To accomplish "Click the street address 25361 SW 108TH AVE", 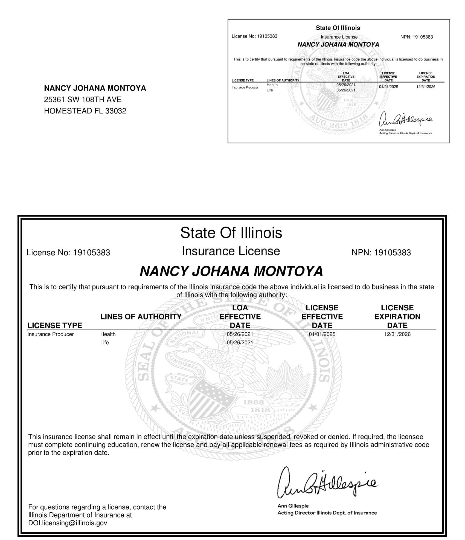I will [83, 100].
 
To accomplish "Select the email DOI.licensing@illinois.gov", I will [68, 523].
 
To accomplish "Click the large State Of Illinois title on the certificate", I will [231, 233].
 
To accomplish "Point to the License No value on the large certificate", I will [91, 252].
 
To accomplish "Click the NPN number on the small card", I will [423, 37].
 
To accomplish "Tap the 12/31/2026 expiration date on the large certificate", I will [397, 334].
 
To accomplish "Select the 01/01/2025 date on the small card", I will [388, 87].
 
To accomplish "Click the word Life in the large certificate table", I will [104, 343].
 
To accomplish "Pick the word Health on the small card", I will [272, 85].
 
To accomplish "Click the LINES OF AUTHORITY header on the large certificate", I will [141, 317].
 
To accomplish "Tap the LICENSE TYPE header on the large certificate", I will [55, 325].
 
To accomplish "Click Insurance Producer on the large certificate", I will [51, 334].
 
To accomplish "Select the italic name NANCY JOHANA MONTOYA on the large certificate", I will [231, 271].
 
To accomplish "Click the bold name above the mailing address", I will [95, 88].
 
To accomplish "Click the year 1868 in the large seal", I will [254, 402].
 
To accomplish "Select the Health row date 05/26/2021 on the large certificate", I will [240, 334].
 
